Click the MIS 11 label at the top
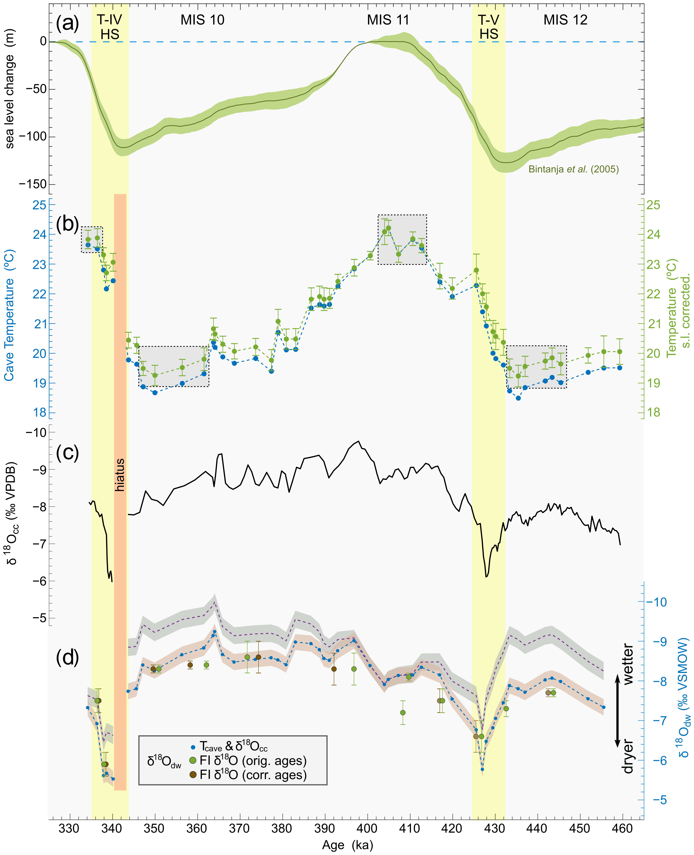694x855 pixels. [388, 20]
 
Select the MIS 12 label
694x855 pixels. [565, 20]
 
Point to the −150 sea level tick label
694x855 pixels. [33, 184]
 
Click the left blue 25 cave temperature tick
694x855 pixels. [40, 205]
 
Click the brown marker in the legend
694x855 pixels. [193, 775]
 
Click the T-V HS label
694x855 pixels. [489, 27]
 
